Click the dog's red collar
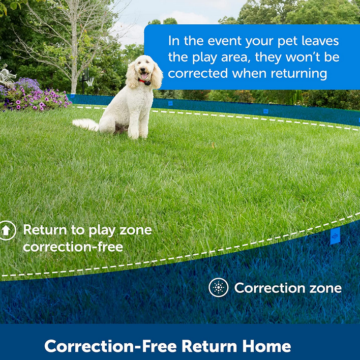142,81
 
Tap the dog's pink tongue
144,76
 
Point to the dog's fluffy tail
85,125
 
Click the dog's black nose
143,69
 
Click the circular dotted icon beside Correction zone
218,287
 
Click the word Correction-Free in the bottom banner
110,346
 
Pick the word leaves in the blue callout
320,41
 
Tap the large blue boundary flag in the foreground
335,236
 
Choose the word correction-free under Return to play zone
73,247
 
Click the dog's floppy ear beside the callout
157,76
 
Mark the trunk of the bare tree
74,57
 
